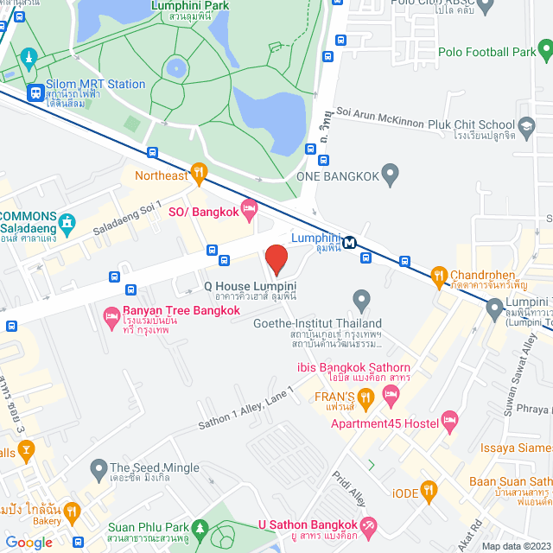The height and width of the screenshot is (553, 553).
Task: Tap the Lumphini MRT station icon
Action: (350, 242)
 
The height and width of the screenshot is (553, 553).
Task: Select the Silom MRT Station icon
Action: (35, 92)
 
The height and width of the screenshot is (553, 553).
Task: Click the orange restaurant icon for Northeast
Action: (200, 175)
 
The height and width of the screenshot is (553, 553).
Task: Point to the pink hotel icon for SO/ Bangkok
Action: (249, 207)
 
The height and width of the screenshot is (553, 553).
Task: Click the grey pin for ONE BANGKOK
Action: (390, 175)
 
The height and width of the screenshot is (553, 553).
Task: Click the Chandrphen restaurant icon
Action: (438, 277)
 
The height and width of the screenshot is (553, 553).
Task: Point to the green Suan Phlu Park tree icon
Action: (200, 526)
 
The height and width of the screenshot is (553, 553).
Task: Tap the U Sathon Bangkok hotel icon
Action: (369, 525)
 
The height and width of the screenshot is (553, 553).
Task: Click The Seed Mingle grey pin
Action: (98, 468)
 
